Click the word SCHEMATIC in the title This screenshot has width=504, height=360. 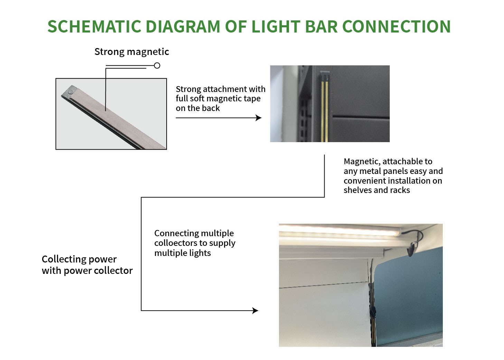pos(94,27)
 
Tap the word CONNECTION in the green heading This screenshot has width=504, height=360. pos(396,27)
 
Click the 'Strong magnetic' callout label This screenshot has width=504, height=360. pos(132,52)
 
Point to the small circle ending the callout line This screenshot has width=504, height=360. pos(157,65)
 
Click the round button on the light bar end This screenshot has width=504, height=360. pos(71,92)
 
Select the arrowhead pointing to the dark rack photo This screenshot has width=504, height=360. pos(259,118)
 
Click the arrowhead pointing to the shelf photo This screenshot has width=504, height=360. pos(255,311)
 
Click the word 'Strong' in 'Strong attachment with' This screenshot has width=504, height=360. pos(188,90)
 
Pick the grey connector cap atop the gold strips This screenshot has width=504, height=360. pos(325,76)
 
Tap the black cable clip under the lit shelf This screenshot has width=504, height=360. pos(411,250)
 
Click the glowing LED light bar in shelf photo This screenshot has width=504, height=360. pos(339,230)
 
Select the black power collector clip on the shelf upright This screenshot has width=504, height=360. pos(373,312)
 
